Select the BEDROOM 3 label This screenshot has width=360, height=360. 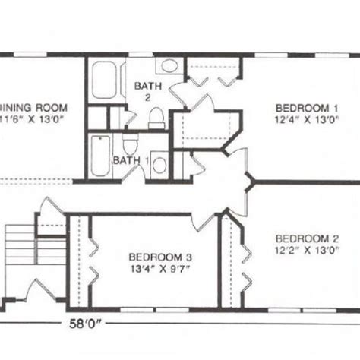(x=155, y=256)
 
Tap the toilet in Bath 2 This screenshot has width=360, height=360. (x=155, y=118)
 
